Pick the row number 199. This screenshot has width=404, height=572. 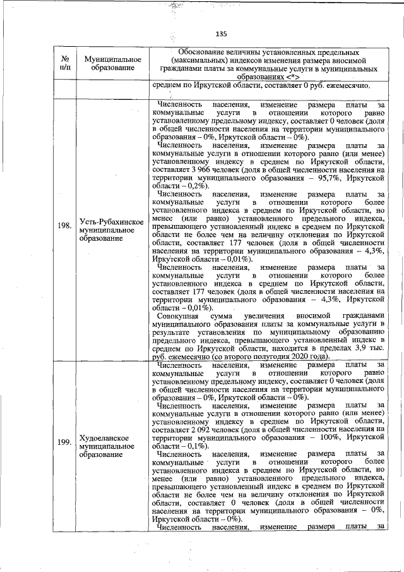tap(64, 442)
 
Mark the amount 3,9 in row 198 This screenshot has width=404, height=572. tap(360, 350)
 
